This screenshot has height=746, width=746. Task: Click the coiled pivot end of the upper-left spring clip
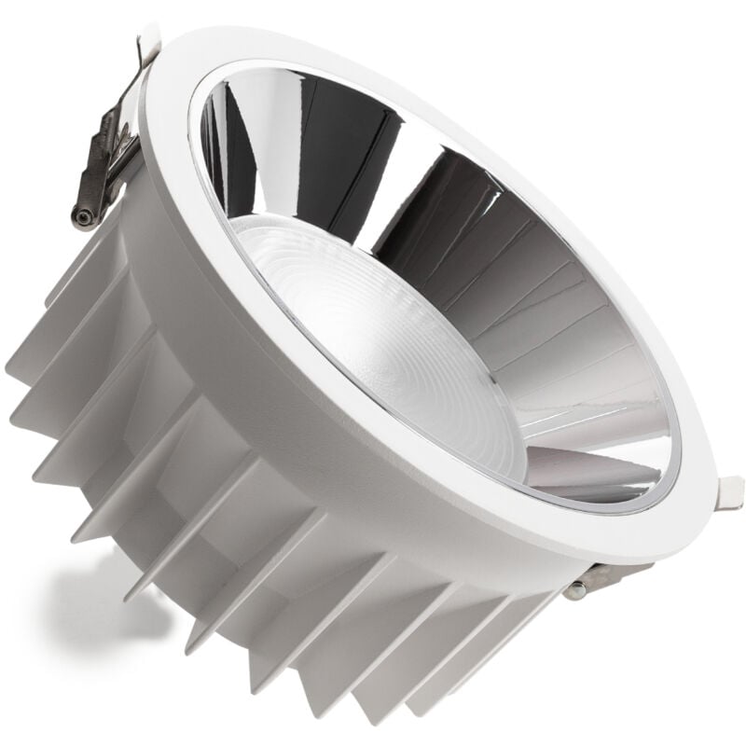[x=83, y=216]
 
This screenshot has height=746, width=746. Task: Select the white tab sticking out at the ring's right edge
[x=730, y=491]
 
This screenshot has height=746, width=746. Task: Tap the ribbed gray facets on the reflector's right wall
[x=559, y=308]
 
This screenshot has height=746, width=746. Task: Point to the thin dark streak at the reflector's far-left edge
[x=211, y=149]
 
